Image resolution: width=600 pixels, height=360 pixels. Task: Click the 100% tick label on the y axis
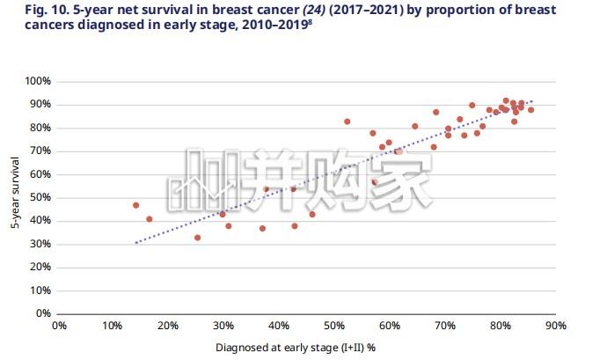point(38,81)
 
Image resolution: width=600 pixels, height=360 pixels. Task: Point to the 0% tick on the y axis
point(44,313)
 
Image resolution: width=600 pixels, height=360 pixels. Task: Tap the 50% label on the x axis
point(334,326)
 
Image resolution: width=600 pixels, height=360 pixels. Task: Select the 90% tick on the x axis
point(556,326)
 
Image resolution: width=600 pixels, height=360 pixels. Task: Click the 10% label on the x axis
point(112,326)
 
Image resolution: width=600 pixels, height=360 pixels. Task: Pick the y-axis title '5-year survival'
point(15,193)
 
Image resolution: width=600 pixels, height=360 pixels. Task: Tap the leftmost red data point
point(135,205)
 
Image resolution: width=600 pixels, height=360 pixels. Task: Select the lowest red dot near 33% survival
point(197,238)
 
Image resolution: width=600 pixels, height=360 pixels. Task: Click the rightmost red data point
point(530,110)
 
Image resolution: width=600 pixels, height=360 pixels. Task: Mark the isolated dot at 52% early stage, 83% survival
point(347,121)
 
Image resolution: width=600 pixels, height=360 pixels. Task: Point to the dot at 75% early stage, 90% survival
point(472,106)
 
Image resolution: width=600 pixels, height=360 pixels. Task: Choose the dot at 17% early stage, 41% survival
point(150,219)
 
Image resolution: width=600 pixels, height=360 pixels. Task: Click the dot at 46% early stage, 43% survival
point(312,215)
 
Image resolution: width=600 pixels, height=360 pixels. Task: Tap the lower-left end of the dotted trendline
point(135,243)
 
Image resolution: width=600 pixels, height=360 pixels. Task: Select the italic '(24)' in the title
point(314,10)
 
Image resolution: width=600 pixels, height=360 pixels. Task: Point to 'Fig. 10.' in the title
point(47,10)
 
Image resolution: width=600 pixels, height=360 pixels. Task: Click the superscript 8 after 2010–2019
point(310,22)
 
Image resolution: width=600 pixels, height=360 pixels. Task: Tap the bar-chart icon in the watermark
point(203,180)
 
